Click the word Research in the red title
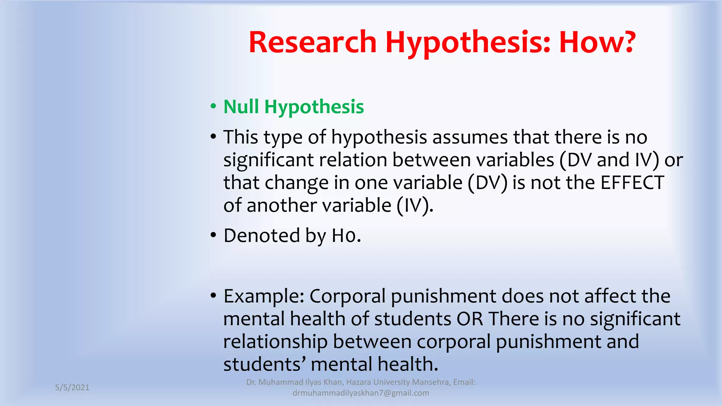click(x=313, y=42)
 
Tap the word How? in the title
click(x=598, y=42)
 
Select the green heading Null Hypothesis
click(x=293, y=107)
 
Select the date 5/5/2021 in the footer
click(x=72, y=388)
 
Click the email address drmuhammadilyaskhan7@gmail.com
click(x=361, y=393)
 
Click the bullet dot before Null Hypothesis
click(x=213, y=106)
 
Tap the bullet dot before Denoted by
click(x=213, y=235)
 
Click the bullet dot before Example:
click(x=213, y=295)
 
